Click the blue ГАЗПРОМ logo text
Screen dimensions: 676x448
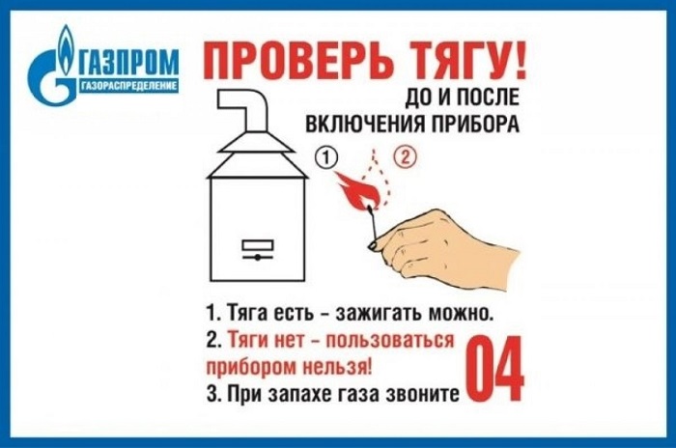coord(128,62)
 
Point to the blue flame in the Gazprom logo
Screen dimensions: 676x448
coord(65,49)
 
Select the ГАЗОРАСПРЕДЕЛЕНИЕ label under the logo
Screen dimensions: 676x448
coord(128,86)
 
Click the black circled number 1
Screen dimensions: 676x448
coord(326,157)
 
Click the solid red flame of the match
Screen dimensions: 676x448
coord(357,190)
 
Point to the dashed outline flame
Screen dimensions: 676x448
coord(376,177)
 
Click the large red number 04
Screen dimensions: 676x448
coord(495,369)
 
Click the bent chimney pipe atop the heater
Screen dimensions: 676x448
coord(243,110)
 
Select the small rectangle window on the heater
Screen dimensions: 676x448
coord(258,245)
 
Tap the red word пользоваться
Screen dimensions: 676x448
coord(390,341)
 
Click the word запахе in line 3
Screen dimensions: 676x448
coord(302,394)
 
